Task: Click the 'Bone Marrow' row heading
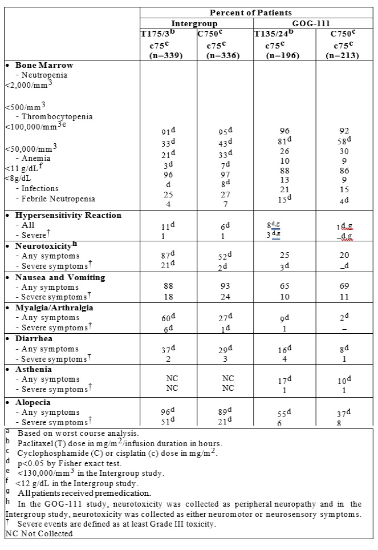coord(44,65)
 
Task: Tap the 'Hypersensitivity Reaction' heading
coord(68,215)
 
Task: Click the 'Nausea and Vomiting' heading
coord(60,277)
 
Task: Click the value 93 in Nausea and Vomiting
coord(225,288)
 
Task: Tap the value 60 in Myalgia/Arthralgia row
coord(166,318)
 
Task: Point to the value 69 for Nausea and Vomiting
coord(343,288)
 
